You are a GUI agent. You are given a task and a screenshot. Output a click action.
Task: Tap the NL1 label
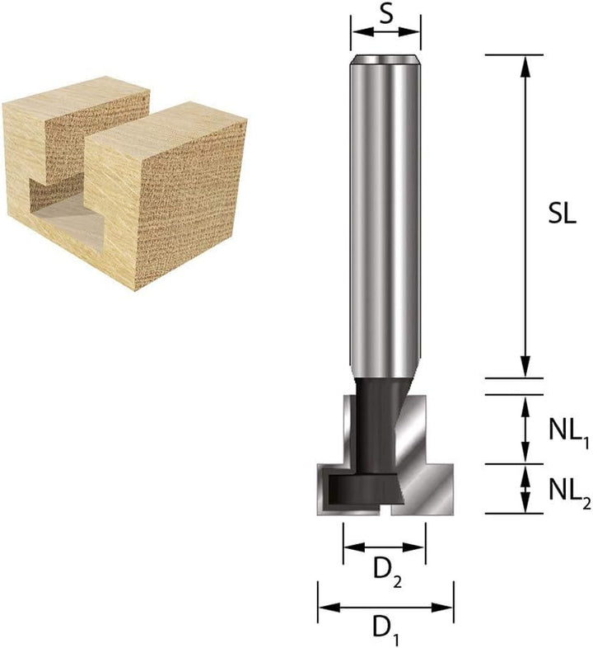click(567, 429)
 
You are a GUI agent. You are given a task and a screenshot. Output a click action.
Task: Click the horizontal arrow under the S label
click(385, 32)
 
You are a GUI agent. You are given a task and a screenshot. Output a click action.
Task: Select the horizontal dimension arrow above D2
click(385, 547)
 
